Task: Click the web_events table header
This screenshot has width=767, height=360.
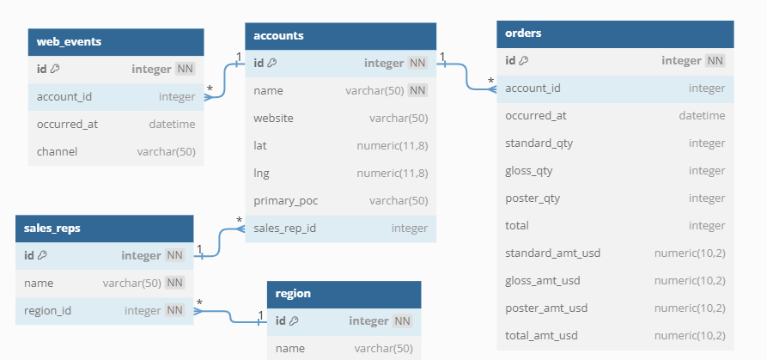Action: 69,41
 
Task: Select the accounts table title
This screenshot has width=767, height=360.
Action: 278,35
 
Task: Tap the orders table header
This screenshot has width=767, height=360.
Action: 523,34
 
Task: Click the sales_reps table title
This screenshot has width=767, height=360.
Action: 53,229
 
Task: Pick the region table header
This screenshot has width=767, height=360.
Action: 293,294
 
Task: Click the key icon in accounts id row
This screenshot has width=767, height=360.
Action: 272,63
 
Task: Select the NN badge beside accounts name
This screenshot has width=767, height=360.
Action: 417,90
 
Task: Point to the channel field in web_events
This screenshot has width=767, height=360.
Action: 57,151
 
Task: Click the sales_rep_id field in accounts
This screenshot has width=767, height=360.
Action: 284,228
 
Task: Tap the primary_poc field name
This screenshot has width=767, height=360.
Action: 285,200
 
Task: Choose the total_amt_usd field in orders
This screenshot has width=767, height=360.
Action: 541,335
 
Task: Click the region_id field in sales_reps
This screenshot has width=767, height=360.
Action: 48,310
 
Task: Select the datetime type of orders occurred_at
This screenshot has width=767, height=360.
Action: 702,115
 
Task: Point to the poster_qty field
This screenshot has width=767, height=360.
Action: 533,198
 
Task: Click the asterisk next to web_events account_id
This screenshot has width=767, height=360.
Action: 210,88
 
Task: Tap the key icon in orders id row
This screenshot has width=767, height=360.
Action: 524,60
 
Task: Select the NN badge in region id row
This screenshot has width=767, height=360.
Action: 402,320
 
